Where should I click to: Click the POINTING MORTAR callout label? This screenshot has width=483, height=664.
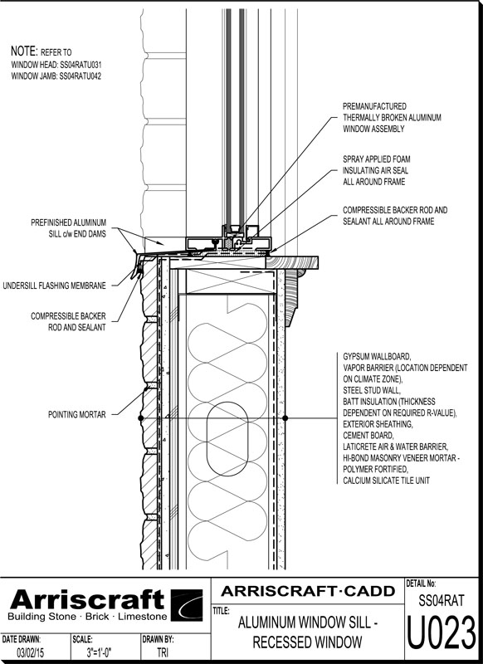[76, 414]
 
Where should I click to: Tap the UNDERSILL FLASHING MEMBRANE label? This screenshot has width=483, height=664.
[54, 286]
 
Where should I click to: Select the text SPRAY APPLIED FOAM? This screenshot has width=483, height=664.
[376, 159]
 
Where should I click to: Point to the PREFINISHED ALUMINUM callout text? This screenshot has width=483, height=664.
[69, 222]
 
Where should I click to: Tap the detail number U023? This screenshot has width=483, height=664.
[442, 633]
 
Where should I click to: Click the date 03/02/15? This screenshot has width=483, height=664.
[29, 652]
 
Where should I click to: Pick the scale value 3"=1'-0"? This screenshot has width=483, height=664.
[99, 652]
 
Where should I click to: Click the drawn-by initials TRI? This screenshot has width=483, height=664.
[163, 652]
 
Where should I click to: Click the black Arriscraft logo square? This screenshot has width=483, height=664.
[187, 605]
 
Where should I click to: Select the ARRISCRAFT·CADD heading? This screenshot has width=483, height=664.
[308, 591]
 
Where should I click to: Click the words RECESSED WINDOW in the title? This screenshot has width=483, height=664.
[307, 642]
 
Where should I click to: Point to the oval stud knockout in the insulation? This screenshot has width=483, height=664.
[227, 439]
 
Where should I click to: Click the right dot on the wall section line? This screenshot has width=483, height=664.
[285, 418]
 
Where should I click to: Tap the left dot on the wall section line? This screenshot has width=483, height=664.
[141, 418]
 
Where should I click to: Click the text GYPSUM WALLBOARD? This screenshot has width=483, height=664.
[377, 357]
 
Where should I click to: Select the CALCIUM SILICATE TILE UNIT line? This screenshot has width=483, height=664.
[386, 481]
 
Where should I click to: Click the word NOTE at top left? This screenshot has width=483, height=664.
[24, 51]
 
